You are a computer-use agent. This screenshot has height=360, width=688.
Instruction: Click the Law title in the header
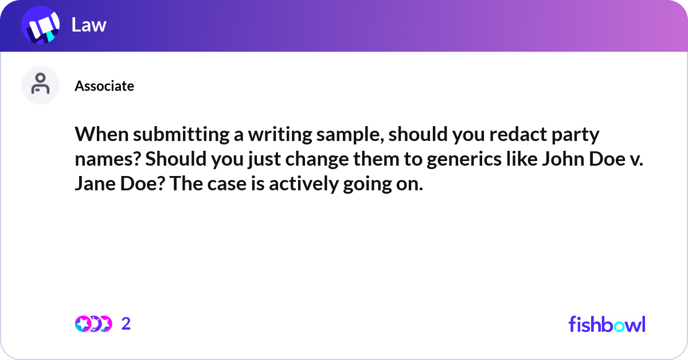[x=89, y=25]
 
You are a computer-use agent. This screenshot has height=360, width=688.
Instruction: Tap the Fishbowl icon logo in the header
[x=40, y=26]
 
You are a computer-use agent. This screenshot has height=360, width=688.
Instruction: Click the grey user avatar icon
[x=40, y=85]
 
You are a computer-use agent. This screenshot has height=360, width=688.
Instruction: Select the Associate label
[x=104, y=86]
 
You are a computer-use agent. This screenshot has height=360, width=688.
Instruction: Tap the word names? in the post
[x=107, y=160]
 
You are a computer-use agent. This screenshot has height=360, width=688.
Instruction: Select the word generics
[x=465, y=160]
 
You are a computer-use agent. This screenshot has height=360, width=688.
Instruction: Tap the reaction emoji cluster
[x=93, y=324]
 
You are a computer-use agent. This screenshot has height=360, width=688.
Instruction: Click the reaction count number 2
[x=126, y=324]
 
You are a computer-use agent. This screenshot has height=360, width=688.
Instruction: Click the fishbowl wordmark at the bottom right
[x=607, y=324]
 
